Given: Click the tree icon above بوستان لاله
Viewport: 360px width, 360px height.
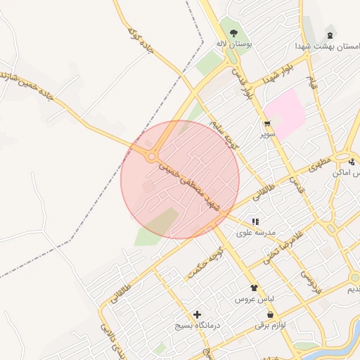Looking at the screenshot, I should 233,32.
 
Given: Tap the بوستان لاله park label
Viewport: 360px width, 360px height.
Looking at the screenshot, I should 233,44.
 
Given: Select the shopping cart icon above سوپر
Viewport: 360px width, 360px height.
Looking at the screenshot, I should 266,123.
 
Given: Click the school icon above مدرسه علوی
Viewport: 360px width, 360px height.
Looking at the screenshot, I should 255,221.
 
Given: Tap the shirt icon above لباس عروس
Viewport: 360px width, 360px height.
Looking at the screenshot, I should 254,288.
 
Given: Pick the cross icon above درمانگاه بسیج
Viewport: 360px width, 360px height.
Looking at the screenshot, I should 197,314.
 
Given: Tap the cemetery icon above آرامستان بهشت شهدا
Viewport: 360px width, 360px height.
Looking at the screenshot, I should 330,34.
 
